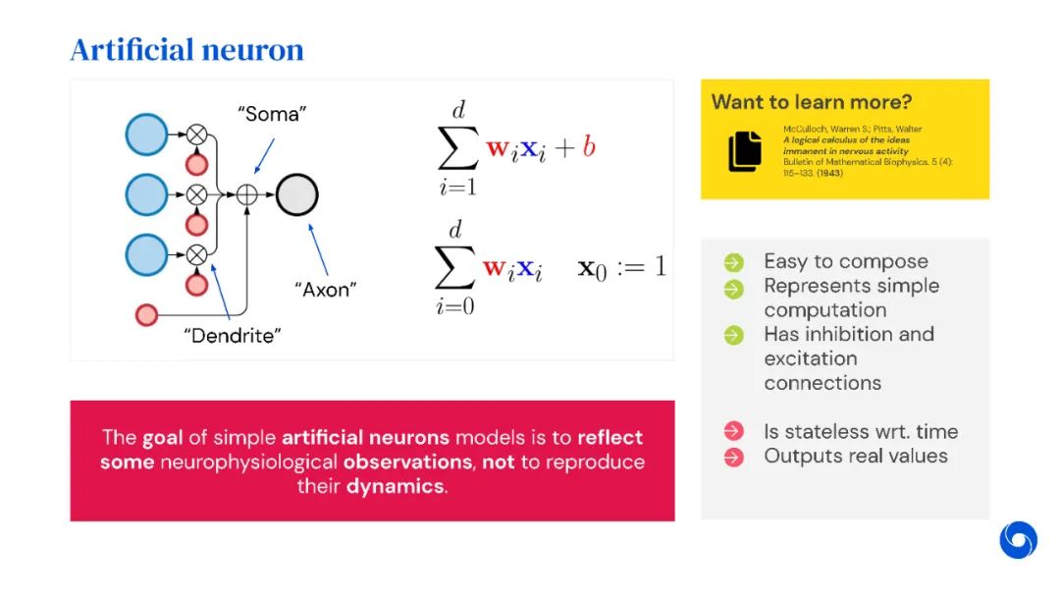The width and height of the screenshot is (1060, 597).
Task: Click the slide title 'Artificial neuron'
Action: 186,49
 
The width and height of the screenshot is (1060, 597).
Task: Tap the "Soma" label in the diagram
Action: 272,114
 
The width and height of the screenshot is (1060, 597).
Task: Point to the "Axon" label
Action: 326,290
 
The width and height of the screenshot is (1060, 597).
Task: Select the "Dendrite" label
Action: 233,336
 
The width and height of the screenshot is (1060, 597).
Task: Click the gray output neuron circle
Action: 296,195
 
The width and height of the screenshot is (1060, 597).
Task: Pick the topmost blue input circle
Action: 147,135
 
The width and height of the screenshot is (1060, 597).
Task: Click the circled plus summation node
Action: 247,195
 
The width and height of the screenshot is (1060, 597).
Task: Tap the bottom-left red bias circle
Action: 146,315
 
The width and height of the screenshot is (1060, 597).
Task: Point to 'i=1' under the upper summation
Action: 456,184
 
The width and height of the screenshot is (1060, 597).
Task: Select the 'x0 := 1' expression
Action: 621,267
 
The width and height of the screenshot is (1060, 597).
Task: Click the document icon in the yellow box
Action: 745,151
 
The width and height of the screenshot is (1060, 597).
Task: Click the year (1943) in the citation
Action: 827,174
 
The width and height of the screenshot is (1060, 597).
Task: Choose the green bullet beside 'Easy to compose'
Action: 733,262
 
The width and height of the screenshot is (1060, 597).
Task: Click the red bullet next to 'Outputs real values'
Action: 733,457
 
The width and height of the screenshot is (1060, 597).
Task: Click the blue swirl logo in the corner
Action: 1018,540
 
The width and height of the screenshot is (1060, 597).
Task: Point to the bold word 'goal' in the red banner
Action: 162,437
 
